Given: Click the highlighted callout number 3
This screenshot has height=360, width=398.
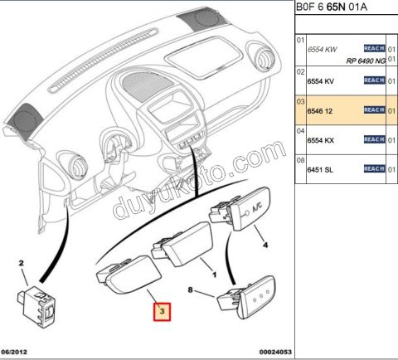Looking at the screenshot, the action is pos(162,312).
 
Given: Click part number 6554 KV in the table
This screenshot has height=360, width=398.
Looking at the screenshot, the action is pos(321,81).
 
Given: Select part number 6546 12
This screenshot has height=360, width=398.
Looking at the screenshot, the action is pos(320,111).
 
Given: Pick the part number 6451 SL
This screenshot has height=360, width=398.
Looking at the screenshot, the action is pos(320,169).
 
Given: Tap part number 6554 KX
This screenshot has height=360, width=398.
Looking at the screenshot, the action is pos(321,140).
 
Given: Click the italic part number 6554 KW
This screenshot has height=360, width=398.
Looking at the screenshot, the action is pos(323,50).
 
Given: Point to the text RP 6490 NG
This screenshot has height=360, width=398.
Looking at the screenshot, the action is pos(366,61).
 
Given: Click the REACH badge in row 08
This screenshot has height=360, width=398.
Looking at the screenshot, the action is pos(374,168).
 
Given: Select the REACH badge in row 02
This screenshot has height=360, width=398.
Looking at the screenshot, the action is pos(374,80).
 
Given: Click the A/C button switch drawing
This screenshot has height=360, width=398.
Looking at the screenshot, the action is pos(240,208).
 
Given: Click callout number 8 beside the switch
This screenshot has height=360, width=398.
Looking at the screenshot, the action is pos(190,289).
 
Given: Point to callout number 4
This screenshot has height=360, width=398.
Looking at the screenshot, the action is pos(265,245).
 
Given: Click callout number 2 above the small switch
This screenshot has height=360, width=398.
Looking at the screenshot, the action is pos(21,263).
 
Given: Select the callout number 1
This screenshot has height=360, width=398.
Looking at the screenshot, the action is pos(214,275).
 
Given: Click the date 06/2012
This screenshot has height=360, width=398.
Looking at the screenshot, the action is pos(14,352).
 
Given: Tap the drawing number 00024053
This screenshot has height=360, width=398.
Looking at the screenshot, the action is pos(275,352).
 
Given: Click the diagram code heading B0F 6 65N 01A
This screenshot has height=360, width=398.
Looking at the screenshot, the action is pos(332,7).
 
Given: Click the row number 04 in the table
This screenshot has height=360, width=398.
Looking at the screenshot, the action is pos(301,131).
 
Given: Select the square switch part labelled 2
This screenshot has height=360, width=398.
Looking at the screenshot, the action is pos(37,306).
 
